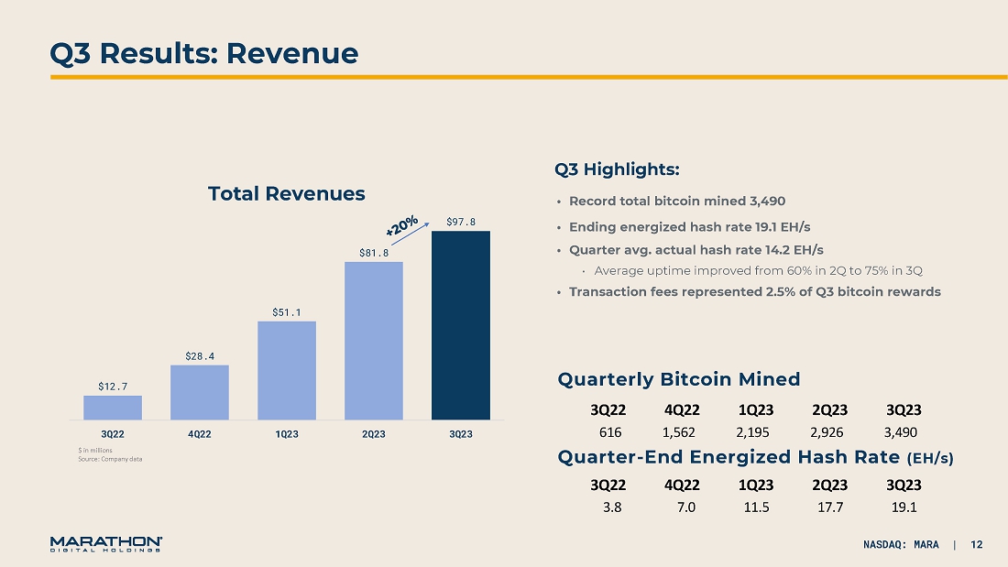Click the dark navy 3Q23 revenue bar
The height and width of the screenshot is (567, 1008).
(x=461, y=325)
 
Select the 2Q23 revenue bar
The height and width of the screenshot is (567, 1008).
(x=374, y=341)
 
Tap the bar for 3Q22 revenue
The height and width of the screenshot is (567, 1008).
(x=113, y=408)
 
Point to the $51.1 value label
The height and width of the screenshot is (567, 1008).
(x=287, y=312)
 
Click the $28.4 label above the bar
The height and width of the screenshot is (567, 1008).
(x=200, y=355)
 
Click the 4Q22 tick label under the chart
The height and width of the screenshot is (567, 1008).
(x=200, y=433)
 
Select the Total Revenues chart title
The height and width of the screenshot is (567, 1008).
(x=286, y=193)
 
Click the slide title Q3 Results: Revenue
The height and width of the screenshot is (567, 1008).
(x=203, y=53)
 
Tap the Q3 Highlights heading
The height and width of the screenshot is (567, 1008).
(x=617, y=169)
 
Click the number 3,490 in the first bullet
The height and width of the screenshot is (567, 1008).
(x=767, y=202)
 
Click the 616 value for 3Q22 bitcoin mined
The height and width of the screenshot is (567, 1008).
(x=610, y=431)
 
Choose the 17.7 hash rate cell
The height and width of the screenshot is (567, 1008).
(x=829, y=507)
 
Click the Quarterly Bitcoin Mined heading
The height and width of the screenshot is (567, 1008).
(x=679, y=379)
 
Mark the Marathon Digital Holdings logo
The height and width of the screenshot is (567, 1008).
(x=106, y=544)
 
